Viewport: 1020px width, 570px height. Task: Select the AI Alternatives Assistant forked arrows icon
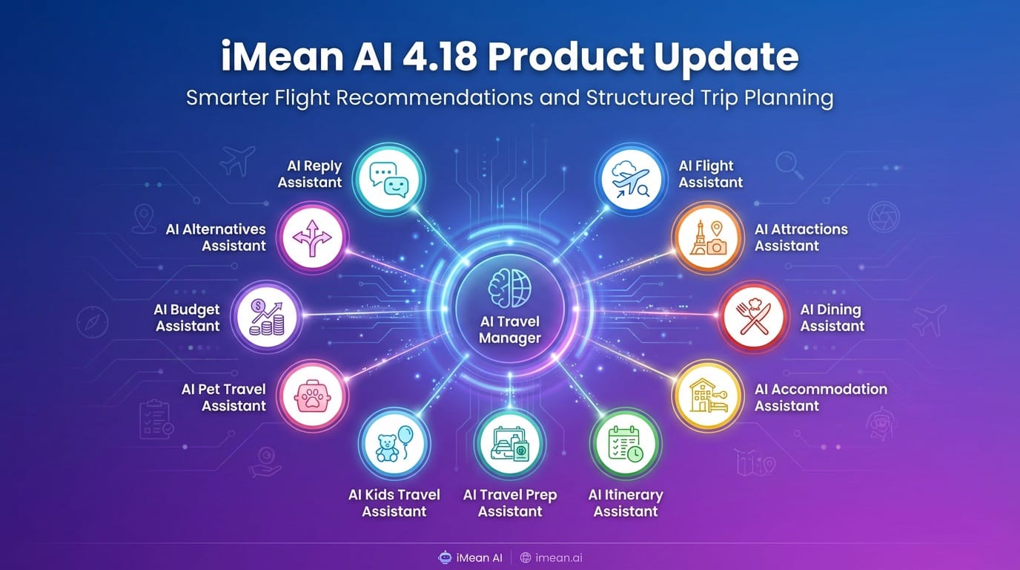[x=311, y=238]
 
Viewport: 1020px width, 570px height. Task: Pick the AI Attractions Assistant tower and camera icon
[x=707, y=238]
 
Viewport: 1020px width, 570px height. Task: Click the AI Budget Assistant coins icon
[x=268, y=318]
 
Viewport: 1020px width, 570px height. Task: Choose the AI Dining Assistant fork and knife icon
[x=754, y=318]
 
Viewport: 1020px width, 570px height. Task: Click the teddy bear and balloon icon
[x=394, y=444]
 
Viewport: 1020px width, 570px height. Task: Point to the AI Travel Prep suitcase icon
[x=509, y=444]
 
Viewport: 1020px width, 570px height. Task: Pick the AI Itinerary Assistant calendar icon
[x=625, y=444]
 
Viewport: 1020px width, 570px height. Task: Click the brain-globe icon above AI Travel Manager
[x=509, y=288]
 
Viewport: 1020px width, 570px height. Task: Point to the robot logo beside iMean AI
[x=445, y=557]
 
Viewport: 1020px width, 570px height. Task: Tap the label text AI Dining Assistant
[x=832, y=318]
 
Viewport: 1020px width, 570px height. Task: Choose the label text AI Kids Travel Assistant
[x=394, y=502]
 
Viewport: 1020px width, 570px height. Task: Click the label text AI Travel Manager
[x=509, y=330]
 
